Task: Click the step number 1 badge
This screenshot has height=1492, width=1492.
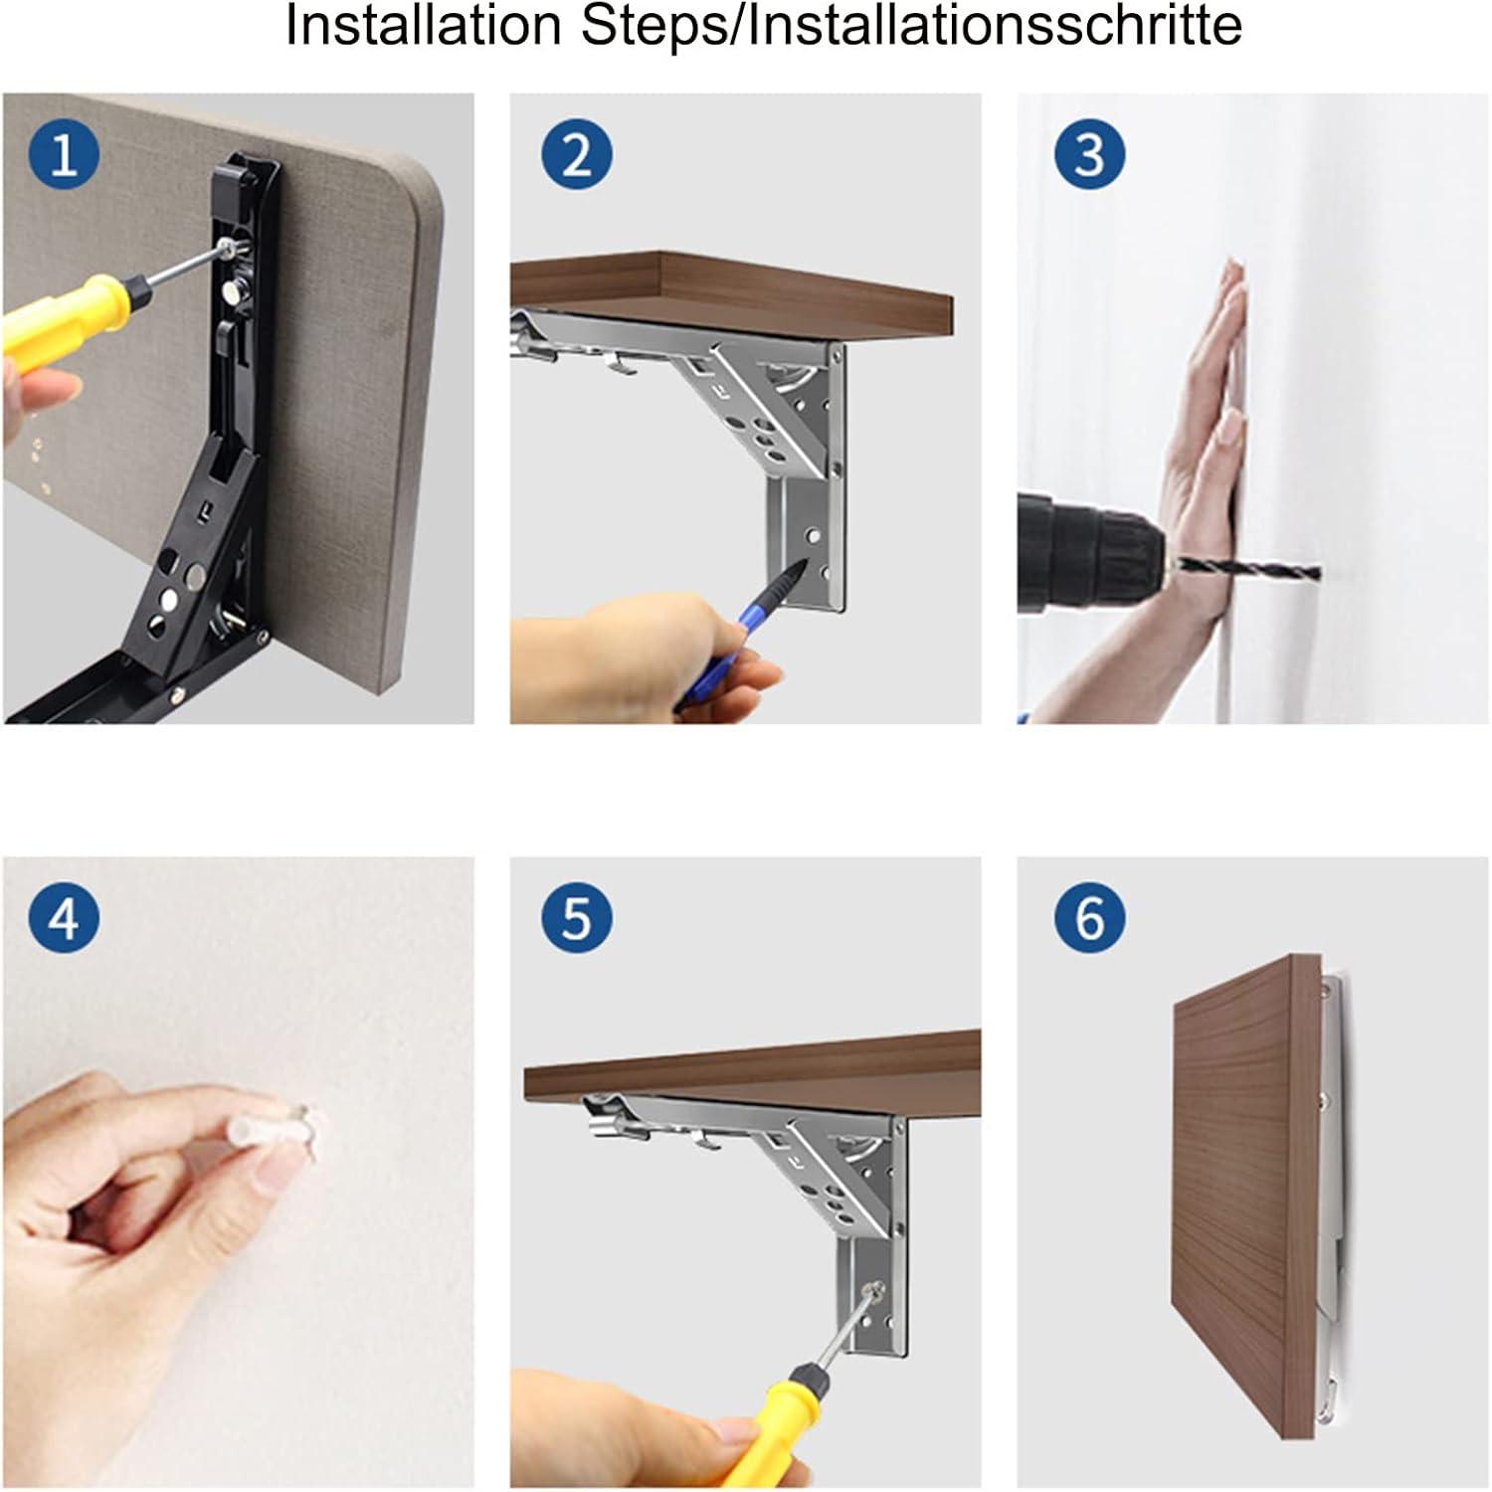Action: (x=65, y=155)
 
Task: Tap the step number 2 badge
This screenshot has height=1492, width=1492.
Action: (x=577, y=155)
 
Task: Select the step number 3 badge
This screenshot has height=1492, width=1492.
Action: (x=1090, y=155)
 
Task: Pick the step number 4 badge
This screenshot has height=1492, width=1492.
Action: (x=65, y=916)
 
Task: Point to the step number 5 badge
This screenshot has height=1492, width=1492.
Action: (x=577, y=916)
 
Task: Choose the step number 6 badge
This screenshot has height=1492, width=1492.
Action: (x=1090, y=916)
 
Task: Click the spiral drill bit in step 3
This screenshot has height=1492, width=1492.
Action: (x=1249, y=571)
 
